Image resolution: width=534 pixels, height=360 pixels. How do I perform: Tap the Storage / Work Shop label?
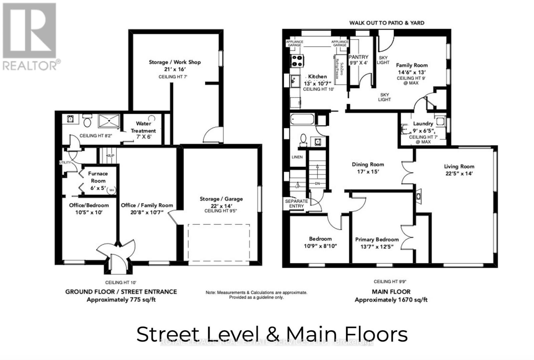pyautogui.click(x=175, y=62)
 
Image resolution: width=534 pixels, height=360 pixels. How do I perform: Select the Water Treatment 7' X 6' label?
pyautogui.click(x=143, y=130)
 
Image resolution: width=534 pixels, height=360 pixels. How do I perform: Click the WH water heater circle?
pyautogui.click(x=112, y=190)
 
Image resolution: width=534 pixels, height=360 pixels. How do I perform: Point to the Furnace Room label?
pyautogui.click(x=98, y=177)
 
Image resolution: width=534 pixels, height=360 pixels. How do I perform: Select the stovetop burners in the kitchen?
pyautogui.click(x=297, y=60)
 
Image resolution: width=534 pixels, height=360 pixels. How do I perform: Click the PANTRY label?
pyautogui.click(x=358, y=57)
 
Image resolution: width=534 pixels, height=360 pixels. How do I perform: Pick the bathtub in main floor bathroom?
pyautogui.click(x=302, y=120)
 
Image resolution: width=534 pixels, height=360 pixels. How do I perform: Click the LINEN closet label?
pyautogui.click(x=297, y=157)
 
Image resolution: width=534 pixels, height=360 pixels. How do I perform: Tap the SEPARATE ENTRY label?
pyautogui.click(x=296, y=204)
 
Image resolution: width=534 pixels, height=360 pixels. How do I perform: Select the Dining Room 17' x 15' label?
pyautogui.click(x=368, y=168)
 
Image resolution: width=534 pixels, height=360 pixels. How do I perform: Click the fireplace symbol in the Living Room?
pyautogui.click(x=418, y=196)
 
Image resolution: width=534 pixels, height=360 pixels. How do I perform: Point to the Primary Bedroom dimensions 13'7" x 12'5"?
pyautogui.click(x=377, y=247)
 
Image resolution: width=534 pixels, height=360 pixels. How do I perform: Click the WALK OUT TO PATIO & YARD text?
pyautogui.click(x=387, y=23)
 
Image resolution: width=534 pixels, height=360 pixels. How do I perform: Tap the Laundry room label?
pyautogui.click(x=423, y=124)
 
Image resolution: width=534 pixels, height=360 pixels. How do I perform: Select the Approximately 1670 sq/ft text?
pyautogui.click(x=391, y=300)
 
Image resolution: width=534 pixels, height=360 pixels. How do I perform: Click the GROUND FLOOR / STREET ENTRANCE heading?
pyautogui.click(x=121, y=292)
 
